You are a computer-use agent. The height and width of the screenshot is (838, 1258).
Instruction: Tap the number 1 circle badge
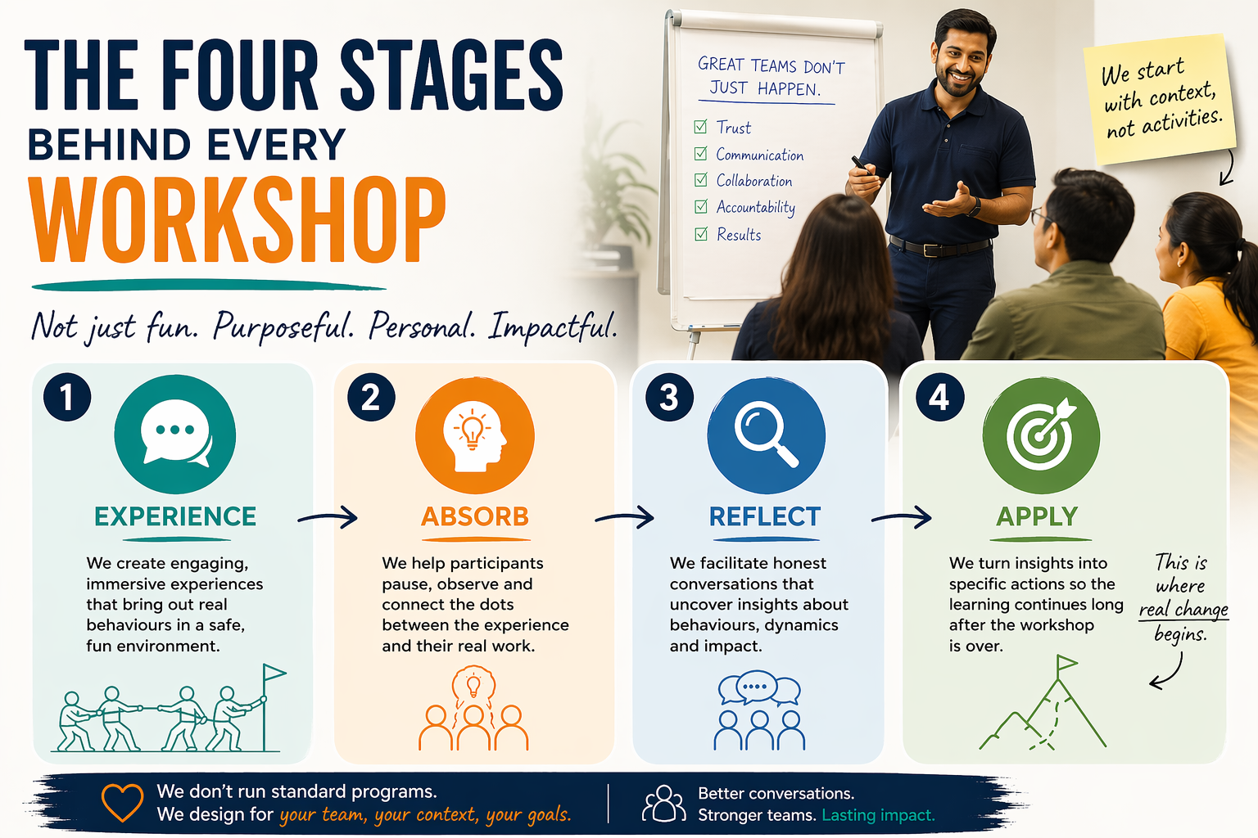click(x=67, y=397)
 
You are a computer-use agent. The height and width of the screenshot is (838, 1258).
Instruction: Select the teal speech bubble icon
click(x=175, y=435)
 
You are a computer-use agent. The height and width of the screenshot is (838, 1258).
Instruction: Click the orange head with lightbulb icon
click(x=475, y=435)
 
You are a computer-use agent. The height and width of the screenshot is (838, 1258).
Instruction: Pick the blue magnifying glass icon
click(x=766, y=435)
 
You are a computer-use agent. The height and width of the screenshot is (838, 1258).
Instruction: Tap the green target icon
click(x=1041, y=435)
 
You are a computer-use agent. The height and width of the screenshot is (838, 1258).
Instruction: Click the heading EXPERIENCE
click(x=175, y=516)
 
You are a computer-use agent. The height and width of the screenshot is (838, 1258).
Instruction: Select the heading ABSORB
click(x=475, y=516)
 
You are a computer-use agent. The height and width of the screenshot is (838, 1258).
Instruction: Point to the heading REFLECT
click(x=765, y=516)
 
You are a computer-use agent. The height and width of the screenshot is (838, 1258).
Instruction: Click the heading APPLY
click(x=1037, y=516)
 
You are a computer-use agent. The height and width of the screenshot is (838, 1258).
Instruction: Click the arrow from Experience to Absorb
click(x=328, y=517)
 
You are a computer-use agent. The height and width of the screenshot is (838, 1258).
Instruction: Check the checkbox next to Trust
click(x=700, y=126)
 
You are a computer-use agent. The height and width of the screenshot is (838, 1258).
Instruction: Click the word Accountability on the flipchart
click(x=756, y=208)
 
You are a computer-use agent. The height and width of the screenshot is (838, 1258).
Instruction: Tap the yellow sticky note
click(x=1161, y=99)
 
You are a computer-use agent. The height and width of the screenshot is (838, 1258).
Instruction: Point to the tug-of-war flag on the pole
click(x=274, y=673)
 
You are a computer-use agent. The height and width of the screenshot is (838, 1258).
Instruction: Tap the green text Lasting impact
click(x=878, y=816)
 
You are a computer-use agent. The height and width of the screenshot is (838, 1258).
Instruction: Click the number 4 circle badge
click(x=940, y=397)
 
